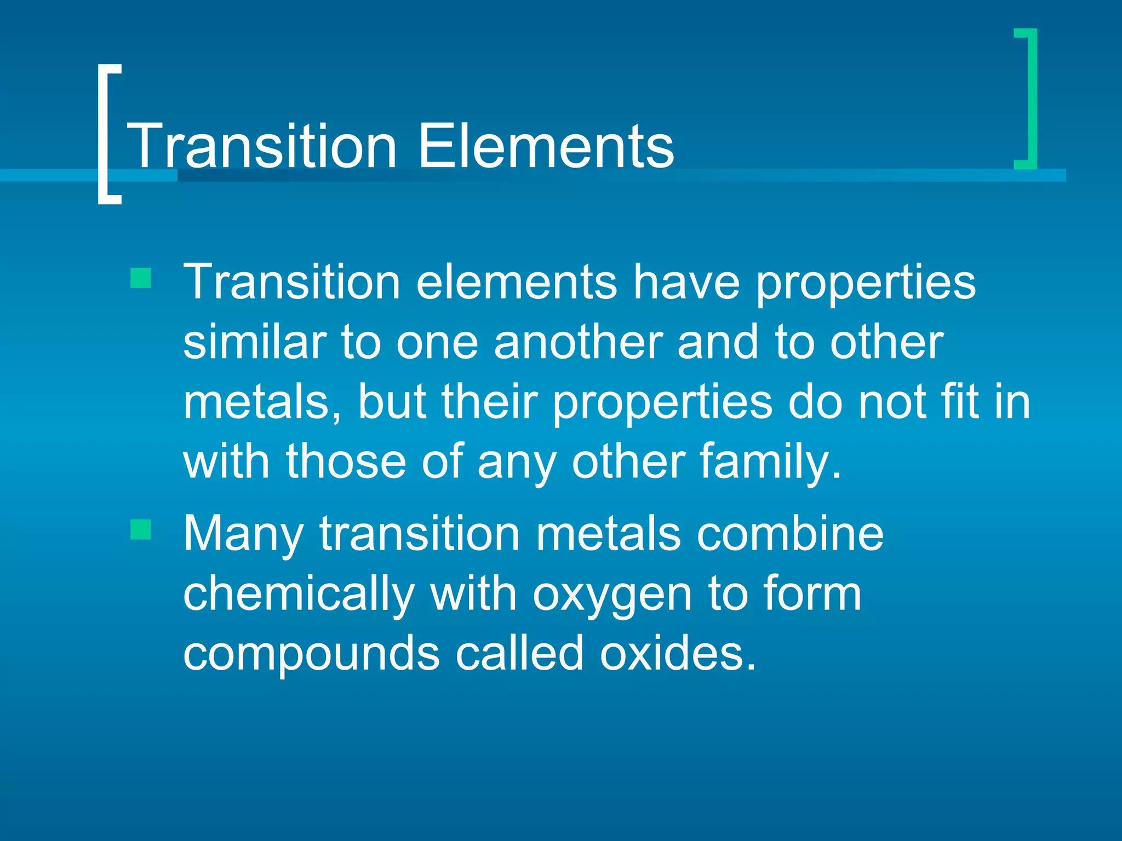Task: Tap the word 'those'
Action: tap(346, 462)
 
